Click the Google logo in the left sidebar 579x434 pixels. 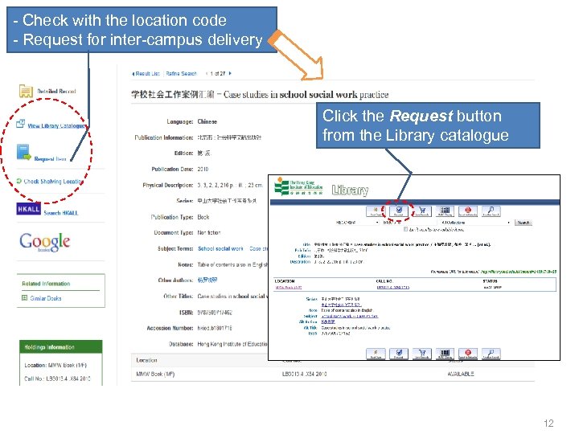pyautogui.click(x=44, y=241)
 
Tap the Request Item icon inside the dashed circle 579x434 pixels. pyautogui.click(x=25, y=153)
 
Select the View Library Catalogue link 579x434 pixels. pyautogui.click(x=55, y=126)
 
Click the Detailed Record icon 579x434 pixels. pyautogui.click(x=26, y=91)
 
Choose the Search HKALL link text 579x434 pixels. pyautogui.click(x=63, y=212)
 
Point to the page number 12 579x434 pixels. pyautogui.click(x=548, y=424)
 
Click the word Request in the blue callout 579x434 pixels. pyautogui.click(x=415, y=116)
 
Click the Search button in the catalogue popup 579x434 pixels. pyautogui.click(x=524, y=223)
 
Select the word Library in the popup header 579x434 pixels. pyautogui.click(x=350, y=190)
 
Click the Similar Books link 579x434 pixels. pyautogui.click(x=46, y=298)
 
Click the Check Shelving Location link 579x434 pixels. pyautogui.click(x=53, y=182)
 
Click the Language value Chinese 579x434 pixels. pyautogui.click(x=207, y=121)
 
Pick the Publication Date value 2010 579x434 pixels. pyautogui.click(x=204, y=169)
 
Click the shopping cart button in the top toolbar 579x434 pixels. pyautogui.click(x=422, y=211)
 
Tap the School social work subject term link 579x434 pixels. pyautogui.click(x=220, y=248)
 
